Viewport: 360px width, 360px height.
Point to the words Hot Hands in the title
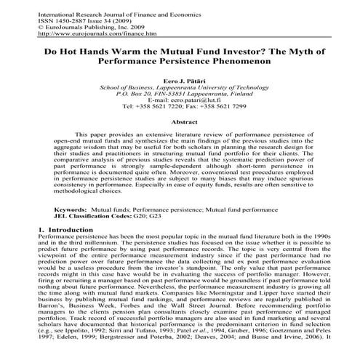pyautogui.click(x=94, y=52)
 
